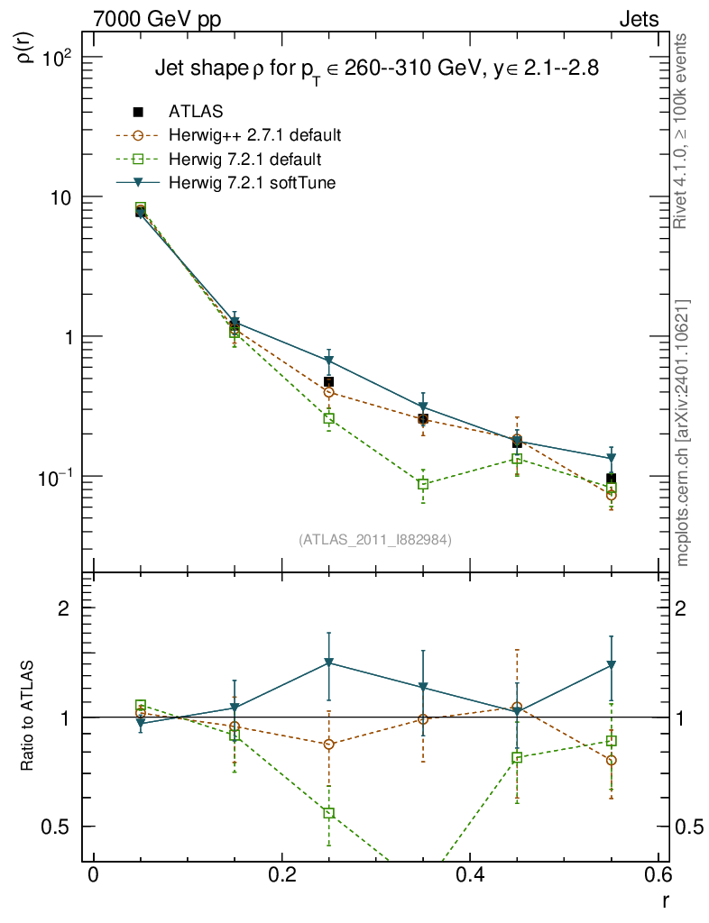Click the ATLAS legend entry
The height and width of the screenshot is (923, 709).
tap(196, 112)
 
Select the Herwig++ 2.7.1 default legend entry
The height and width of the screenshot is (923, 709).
tap(254, 136)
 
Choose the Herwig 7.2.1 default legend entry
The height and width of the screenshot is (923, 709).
tap(244, 160)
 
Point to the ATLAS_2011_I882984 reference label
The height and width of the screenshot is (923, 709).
tap(374, 540)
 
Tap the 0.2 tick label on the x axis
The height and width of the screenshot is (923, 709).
tap(281, 878)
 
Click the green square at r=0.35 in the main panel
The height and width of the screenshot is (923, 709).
tap(423, 485)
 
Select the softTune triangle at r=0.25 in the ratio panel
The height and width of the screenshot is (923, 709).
tap(329, 663)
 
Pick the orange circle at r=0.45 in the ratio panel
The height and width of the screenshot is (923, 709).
tap(517, 708)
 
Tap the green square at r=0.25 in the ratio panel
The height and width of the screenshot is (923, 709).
tap(329, 813)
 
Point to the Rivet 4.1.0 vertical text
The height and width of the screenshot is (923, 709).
tap(683, 131)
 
